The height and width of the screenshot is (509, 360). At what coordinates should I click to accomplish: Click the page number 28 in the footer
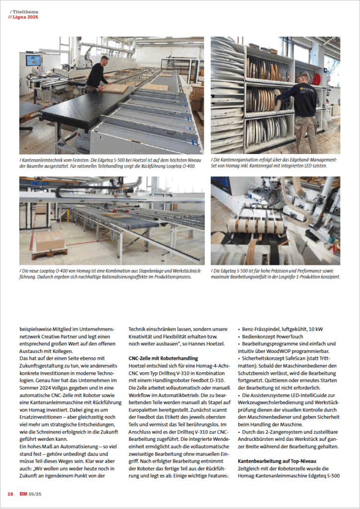10,494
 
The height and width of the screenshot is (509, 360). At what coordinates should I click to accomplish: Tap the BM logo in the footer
24,494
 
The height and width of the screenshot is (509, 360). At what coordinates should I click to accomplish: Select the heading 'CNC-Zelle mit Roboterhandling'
163,358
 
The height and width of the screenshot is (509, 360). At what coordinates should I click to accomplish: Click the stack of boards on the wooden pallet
50,242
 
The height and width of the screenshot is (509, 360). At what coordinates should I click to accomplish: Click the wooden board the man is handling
115,88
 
